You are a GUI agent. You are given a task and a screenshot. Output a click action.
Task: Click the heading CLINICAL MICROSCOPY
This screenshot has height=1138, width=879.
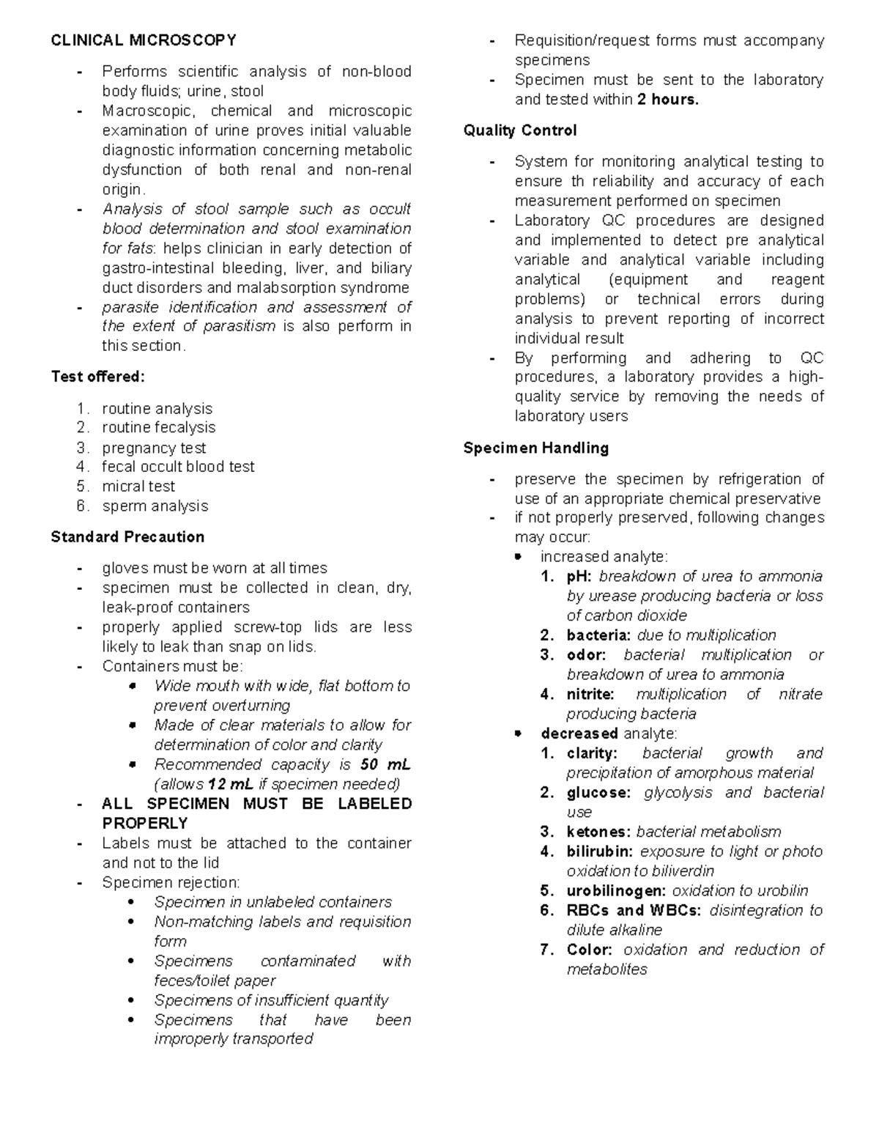pos(144,40)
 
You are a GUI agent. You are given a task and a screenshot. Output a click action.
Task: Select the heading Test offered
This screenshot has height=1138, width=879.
pos(98,377)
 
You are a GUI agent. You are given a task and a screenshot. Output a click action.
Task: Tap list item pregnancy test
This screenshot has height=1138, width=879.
pos(154,448)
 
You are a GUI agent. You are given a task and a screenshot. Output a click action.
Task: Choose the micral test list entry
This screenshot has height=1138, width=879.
pos(138,487)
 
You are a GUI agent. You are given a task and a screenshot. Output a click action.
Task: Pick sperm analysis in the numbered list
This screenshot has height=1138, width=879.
pos(155,506)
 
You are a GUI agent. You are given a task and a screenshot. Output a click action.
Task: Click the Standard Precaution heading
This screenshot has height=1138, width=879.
pos(127,537)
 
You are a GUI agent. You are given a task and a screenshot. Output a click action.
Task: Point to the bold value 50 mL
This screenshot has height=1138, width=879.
pos(385,765)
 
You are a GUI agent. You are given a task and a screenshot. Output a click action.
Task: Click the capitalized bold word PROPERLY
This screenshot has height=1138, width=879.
pos(145,824)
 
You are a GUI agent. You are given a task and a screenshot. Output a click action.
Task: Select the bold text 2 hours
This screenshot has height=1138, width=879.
pos(668,100)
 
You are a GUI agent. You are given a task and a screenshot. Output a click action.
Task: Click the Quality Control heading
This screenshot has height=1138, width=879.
pos(520,130)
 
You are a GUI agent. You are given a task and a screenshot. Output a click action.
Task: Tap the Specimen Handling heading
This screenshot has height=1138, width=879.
pos(536,448)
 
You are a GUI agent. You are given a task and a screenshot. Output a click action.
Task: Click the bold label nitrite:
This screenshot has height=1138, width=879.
pos(590,695)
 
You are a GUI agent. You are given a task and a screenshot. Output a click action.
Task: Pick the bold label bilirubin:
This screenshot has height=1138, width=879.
pos(600,852)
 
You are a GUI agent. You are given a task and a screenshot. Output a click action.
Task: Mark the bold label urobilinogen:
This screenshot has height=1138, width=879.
pos(616,891)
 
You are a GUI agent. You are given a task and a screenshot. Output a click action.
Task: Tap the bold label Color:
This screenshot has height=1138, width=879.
pos(590,950)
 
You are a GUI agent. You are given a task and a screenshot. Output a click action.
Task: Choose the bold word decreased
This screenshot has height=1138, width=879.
pos(579,734)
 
